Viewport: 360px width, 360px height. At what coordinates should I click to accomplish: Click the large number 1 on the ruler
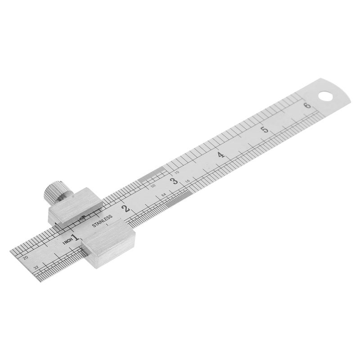[x=75, y=237]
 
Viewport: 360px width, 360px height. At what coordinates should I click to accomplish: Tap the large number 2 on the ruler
[x=126, y=208]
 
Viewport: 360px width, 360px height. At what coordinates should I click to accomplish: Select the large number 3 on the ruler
[x=174, y=181]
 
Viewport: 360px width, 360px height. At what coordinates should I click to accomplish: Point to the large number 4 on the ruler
[x=221, y=155]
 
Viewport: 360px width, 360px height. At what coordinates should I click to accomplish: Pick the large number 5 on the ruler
[x=265, y=130]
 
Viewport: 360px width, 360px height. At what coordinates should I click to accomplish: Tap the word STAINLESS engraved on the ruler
[x=102, y=221]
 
